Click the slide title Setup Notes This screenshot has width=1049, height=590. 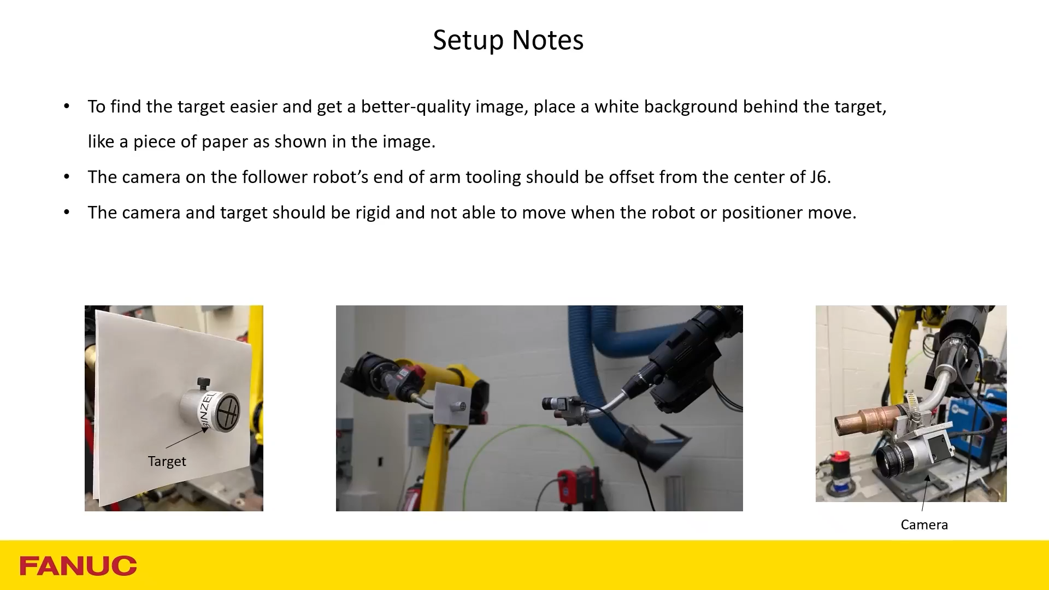(x=508, y=40)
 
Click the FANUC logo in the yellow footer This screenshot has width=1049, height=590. (x=78, y=566)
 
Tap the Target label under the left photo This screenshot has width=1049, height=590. (x=167, y=462)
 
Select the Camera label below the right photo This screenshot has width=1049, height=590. (x=924, y=525)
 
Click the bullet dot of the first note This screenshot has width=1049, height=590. (x=67, y=106)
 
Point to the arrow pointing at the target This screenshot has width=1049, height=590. (x=186, y=438)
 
